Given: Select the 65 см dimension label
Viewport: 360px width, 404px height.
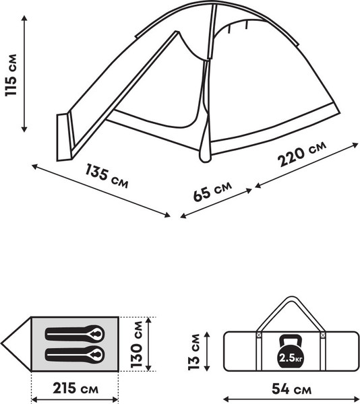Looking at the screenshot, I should click(212, 192).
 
